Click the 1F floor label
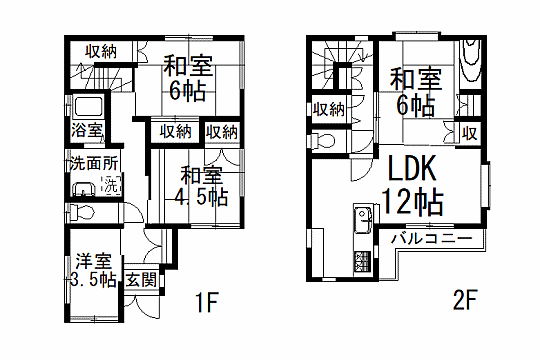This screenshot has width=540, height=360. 207,302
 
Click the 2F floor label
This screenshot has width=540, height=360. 465,300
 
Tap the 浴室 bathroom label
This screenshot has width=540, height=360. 87,130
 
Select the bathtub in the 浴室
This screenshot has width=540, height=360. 89,106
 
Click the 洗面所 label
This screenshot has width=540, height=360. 94,163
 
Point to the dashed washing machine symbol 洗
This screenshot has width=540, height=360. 111,186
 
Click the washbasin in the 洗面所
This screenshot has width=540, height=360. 84,189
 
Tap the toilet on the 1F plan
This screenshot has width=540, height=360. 81,213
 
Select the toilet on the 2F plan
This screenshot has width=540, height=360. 322,141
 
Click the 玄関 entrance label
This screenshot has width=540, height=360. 141,279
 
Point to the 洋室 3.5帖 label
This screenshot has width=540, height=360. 94,271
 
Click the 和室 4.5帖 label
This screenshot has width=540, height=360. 201,186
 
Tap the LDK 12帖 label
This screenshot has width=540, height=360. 413,185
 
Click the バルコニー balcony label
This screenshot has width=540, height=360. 431,238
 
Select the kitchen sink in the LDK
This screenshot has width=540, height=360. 363,220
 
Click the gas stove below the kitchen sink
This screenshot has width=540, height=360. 363,262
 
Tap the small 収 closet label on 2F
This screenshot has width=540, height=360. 469,133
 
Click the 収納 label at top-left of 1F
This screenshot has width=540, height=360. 101,52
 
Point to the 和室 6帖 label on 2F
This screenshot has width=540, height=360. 416,92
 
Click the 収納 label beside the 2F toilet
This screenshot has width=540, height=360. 329,110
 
